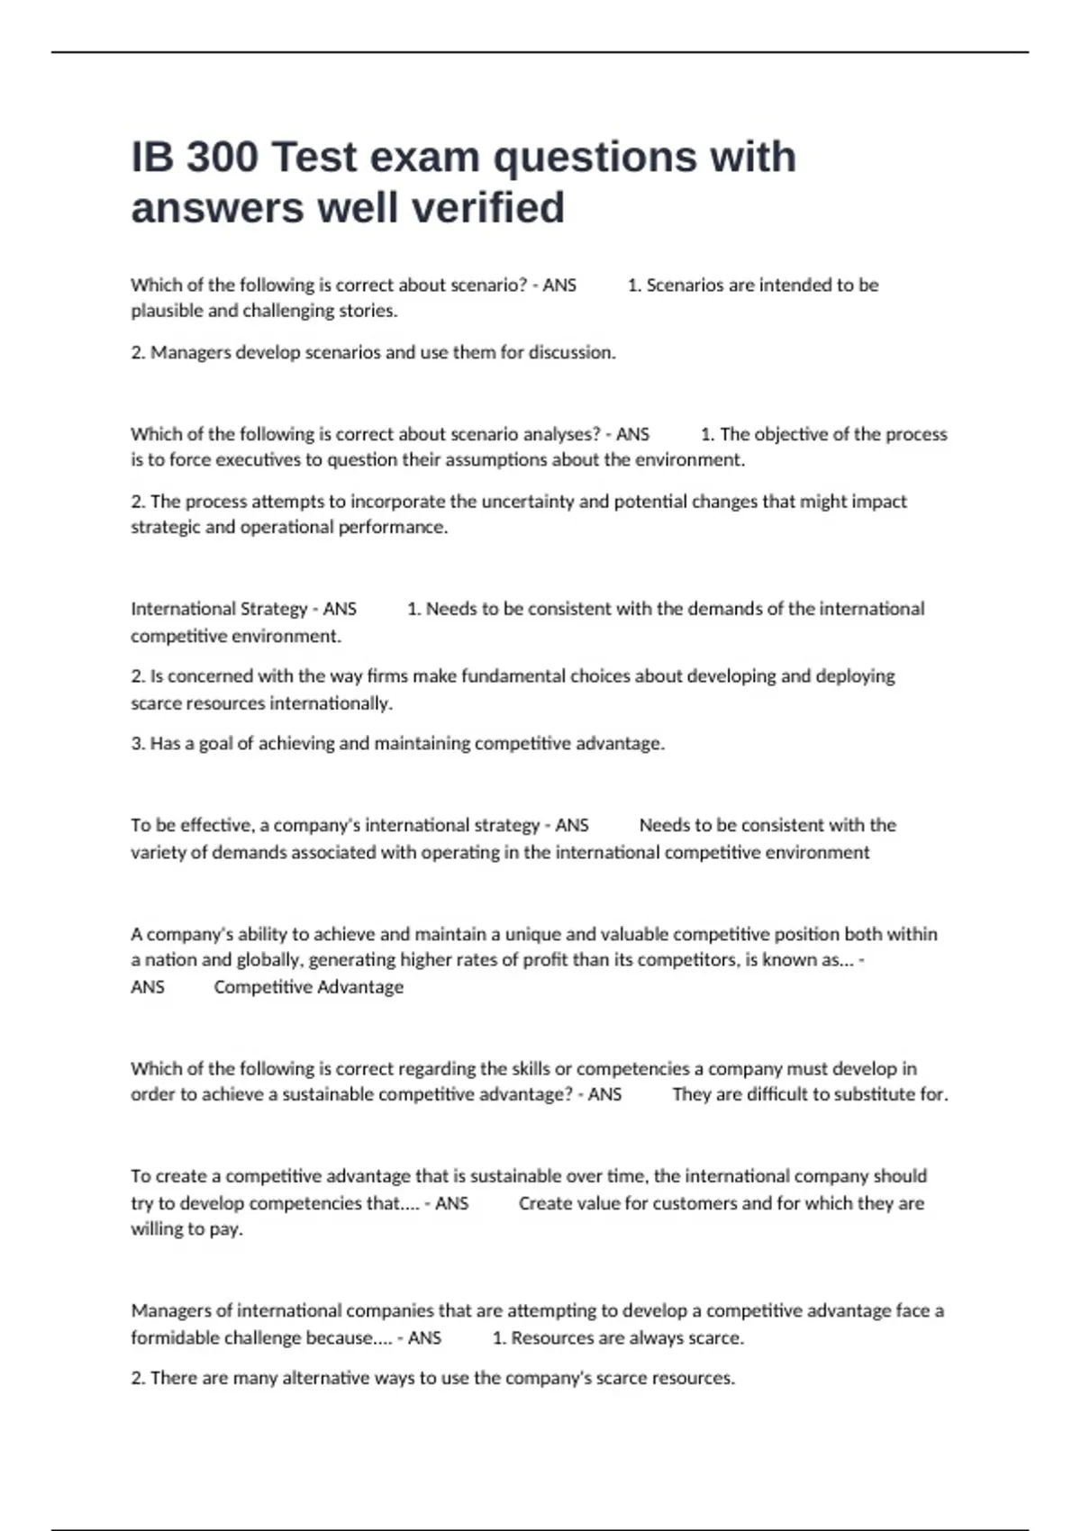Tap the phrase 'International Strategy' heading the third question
[219, 609]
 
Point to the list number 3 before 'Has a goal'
[137, 744]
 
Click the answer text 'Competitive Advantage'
[308, 987]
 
